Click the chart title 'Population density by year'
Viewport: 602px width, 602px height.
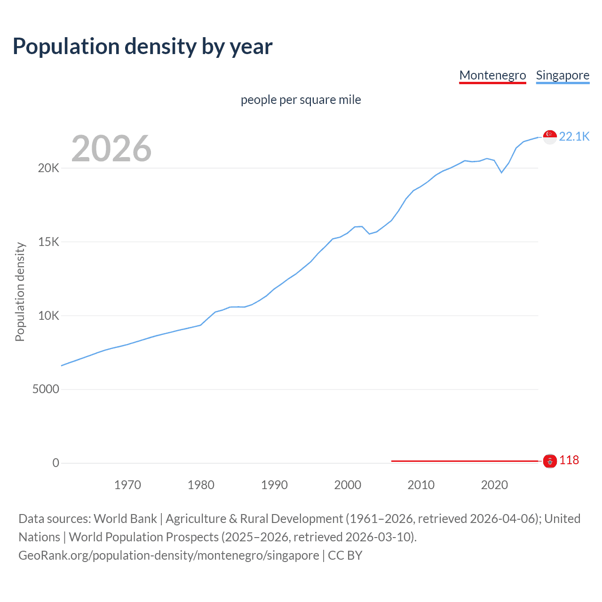(x=143, y=47)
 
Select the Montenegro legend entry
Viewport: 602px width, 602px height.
(x=492, y=75)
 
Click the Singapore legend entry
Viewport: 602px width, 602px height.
(x=562, y=75)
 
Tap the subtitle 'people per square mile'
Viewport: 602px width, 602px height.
(x=301, y=100)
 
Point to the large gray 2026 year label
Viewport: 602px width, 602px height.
(x=111, y=149)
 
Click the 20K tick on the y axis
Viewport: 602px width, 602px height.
(x=48, y=168)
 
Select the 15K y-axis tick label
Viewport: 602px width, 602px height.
(x=48, y=242)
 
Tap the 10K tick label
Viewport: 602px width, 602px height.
(x=48, y=316)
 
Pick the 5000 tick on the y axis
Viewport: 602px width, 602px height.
(x=46, y=389)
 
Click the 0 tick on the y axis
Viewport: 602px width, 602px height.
(x=56, y=463)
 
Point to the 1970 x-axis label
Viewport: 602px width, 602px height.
(x=127, y=485)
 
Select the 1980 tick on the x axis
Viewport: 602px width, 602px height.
(x=201, y=485)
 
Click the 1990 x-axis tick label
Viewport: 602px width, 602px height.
(x=274, y=485)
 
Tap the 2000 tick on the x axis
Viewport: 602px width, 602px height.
(x=348, y=485)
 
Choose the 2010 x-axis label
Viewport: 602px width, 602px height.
(x=421, y=485)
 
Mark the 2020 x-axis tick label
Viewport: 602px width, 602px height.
(x=494, y=485)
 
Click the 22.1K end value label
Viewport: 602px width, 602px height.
(x=574, y=136)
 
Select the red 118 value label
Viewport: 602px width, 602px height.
(x=569, y=460)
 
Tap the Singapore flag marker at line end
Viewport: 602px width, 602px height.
(x=550, y=137)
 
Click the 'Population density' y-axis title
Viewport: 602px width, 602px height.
(x=20, y=292)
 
